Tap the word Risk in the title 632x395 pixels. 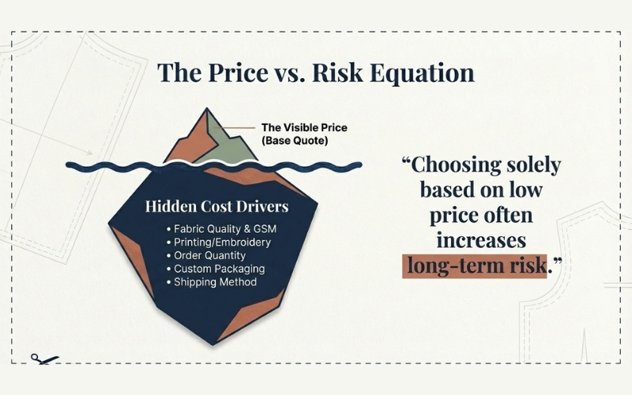[x=337, y=73]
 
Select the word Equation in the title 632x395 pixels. [x=423, y=73]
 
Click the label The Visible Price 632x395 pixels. [x=303, y=127]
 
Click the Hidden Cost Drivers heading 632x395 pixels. [x=216, y=207]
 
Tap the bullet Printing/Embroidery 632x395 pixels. [x=218, y=242]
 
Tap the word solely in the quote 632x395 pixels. [x=533, y=166]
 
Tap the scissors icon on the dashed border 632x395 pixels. [x=44, y=359]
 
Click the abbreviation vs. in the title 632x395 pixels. [x=285, y=73]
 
